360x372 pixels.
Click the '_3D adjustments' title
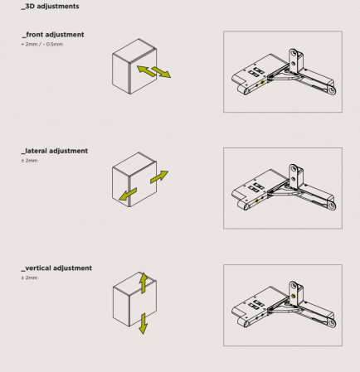(x=50, y=7)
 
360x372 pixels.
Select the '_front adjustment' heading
(x=52, y=35)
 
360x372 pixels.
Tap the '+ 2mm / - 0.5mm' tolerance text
(x=42, y=44)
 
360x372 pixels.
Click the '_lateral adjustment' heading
(x=55, y=151)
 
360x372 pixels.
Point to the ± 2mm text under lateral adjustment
(x=29, y=161)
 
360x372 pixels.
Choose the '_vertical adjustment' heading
(x=56, y=268)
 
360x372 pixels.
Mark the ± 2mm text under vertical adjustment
(x=29, y=278)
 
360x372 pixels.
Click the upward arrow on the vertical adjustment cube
(x=144, y=283)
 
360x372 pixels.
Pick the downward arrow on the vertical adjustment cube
(x=144, y=324)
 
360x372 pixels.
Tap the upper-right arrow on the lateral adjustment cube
(x=159, y=176)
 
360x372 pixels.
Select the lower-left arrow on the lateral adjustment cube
(x=128, y=194)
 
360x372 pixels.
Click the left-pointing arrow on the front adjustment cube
(x=146, y=70)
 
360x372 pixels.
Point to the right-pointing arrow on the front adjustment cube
(x=162, y=72)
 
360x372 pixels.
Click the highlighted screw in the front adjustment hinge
(x=262, y=82)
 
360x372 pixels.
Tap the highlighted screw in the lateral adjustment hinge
(x=257, y=200)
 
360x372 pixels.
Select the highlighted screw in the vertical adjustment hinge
(x=294, y=297)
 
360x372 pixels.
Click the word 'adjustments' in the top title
(x=58, y=7)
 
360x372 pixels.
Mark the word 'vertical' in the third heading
(x=38, y=268)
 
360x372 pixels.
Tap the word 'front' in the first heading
(x=34, y=35)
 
